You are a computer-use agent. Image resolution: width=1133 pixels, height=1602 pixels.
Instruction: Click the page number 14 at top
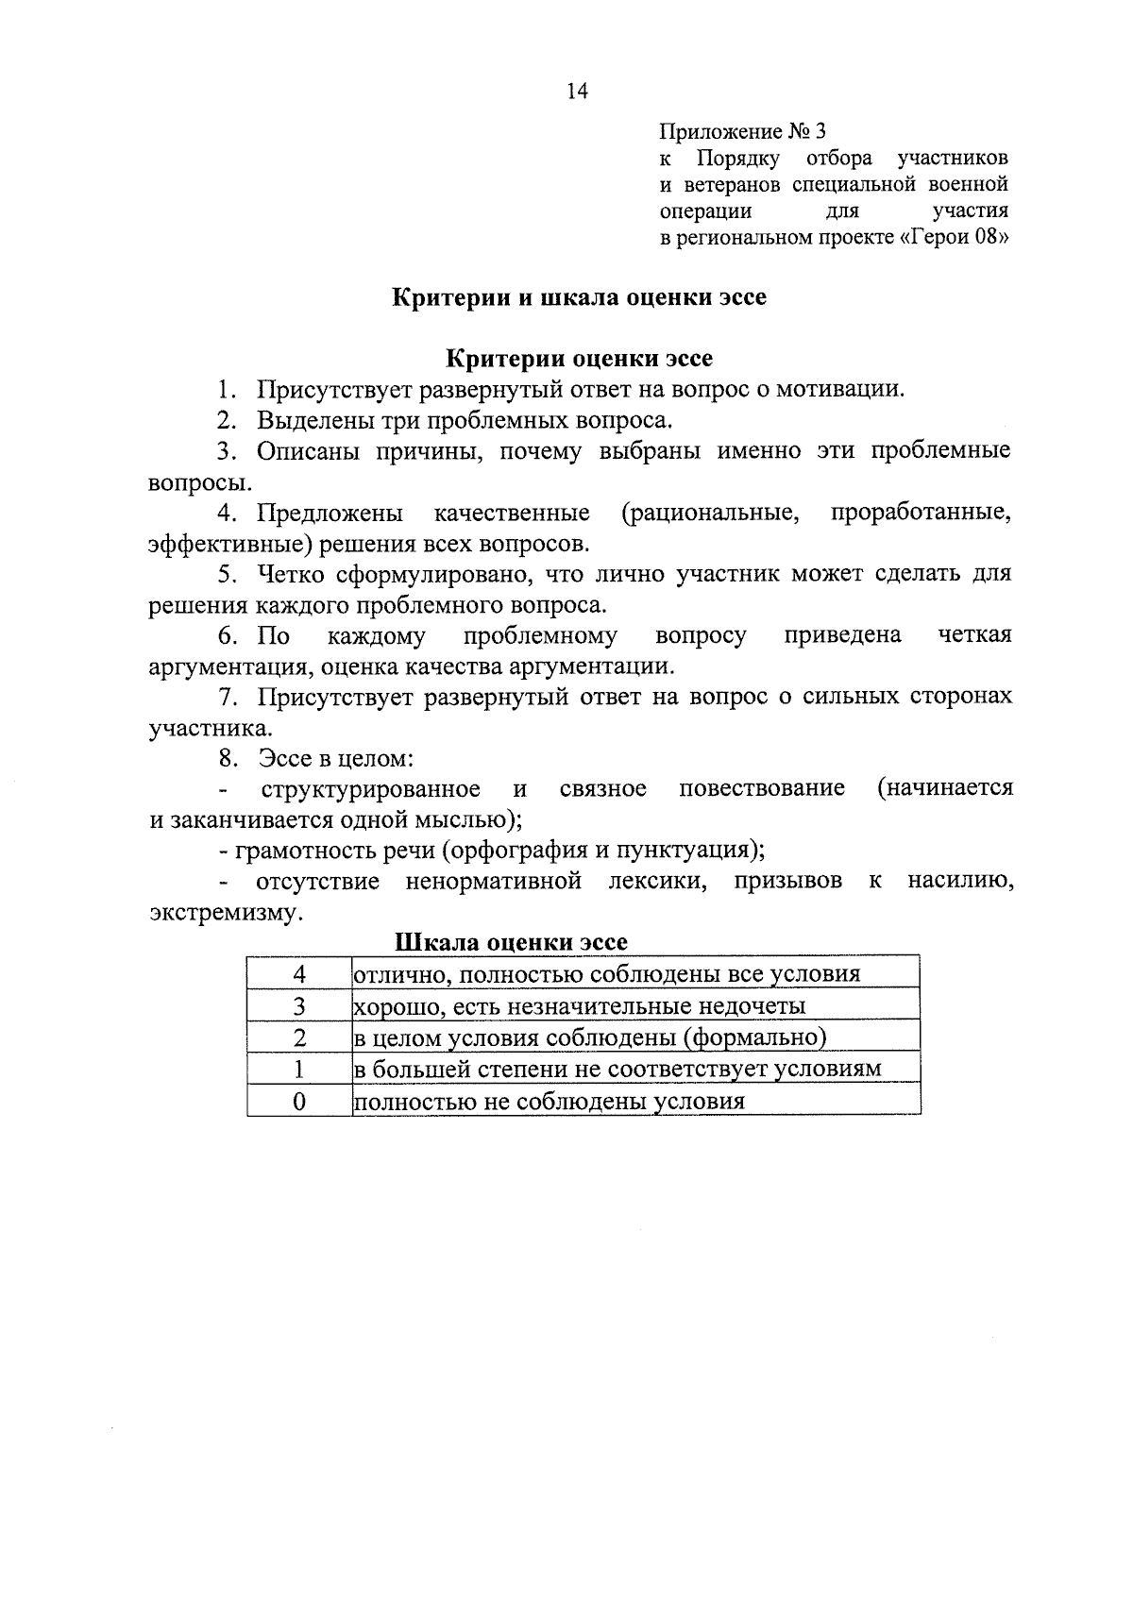click(577, 92)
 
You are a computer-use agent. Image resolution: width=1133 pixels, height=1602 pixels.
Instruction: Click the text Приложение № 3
click(741, 131)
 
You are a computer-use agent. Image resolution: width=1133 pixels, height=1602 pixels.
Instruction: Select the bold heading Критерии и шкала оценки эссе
click(579, 297)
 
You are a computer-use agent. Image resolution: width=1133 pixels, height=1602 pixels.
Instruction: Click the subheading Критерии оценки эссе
click(579, 359)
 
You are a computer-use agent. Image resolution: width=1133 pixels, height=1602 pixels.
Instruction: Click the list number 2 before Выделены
click(225, 420)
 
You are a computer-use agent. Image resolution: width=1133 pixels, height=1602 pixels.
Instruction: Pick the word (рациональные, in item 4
click(710, 514)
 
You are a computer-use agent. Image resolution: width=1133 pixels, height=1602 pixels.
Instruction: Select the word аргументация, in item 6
click(230, 666)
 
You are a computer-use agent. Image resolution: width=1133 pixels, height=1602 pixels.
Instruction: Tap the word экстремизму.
click(227, 913)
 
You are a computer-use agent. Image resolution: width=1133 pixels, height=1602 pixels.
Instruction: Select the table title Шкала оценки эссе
click(511, 943)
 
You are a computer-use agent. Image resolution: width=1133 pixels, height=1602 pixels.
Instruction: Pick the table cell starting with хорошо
click(579, 1006)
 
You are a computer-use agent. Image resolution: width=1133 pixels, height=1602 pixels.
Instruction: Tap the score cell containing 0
click(299, 1102)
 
